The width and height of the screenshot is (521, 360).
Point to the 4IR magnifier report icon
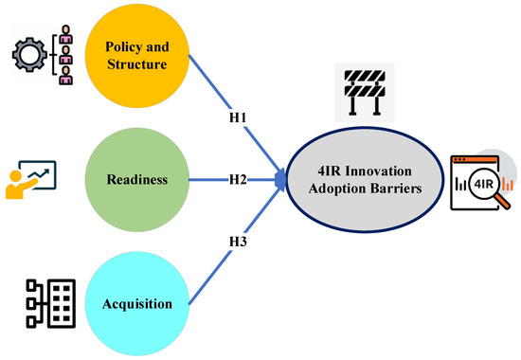(478, 179)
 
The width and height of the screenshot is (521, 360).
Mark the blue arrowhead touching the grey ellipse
(280, 177)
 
